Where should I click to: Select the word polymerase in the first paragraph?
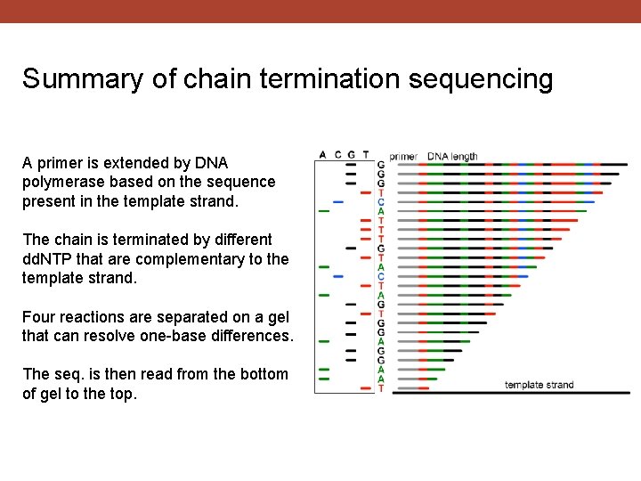pos(60,183)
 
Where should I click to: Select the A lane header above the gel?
pos(322,155)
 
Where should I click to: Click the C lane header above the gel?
pos(337,155)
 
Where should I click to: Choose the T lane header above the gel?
pos(365,155)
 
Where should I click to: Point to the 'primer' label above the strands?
pos(403,157)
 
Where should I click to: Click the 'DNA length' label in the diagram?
pos(452,157)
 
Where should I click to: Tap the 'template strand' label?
pos(539,385)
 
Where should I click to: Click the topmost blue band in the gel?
pos(337,201)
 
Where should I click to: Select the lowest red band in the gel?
pos(365,388)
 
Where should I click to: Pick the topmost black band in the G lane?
pos(351,164)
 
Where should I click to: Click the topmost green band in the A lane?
pos(323,211)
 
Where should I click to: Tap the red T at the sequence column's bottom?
pos(381,388)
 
